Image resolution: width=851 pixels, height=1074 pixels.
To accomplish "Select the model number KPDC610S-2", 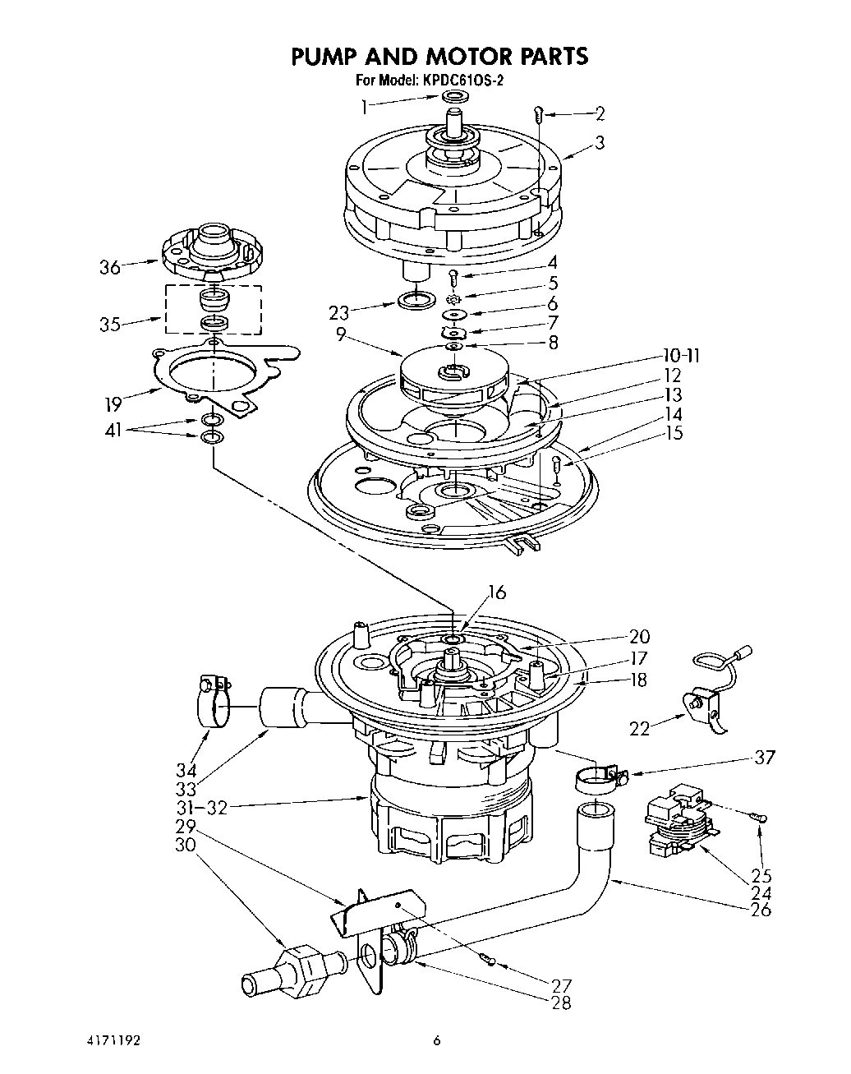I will click(x=464, y=81).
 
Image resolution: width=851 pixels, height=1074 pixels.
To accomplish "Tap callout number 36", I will click(x=110, y=267).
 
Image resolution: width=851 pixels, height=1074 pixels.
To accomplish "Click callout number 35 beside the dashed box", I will click(x=109, y=324).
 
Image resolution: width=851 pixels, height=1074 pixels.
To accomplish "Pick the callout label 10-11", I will click(x=682, y=356).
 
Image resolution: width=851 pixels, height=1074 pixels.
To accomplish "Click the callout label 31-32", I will click(x=202, y=807).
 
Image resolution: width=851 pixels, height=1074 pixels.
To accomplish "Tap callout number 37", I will click(x=764, y=757).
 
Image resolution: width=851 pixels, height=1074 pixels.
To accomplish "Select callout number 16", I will click(x=496, y=592).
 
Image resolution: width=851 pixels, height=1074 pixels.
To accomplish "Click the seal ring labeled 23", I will click(x=417, y=301).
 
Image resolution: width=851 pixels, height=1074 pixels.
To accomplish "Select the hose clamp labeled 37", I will click(x=599, y=777).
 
